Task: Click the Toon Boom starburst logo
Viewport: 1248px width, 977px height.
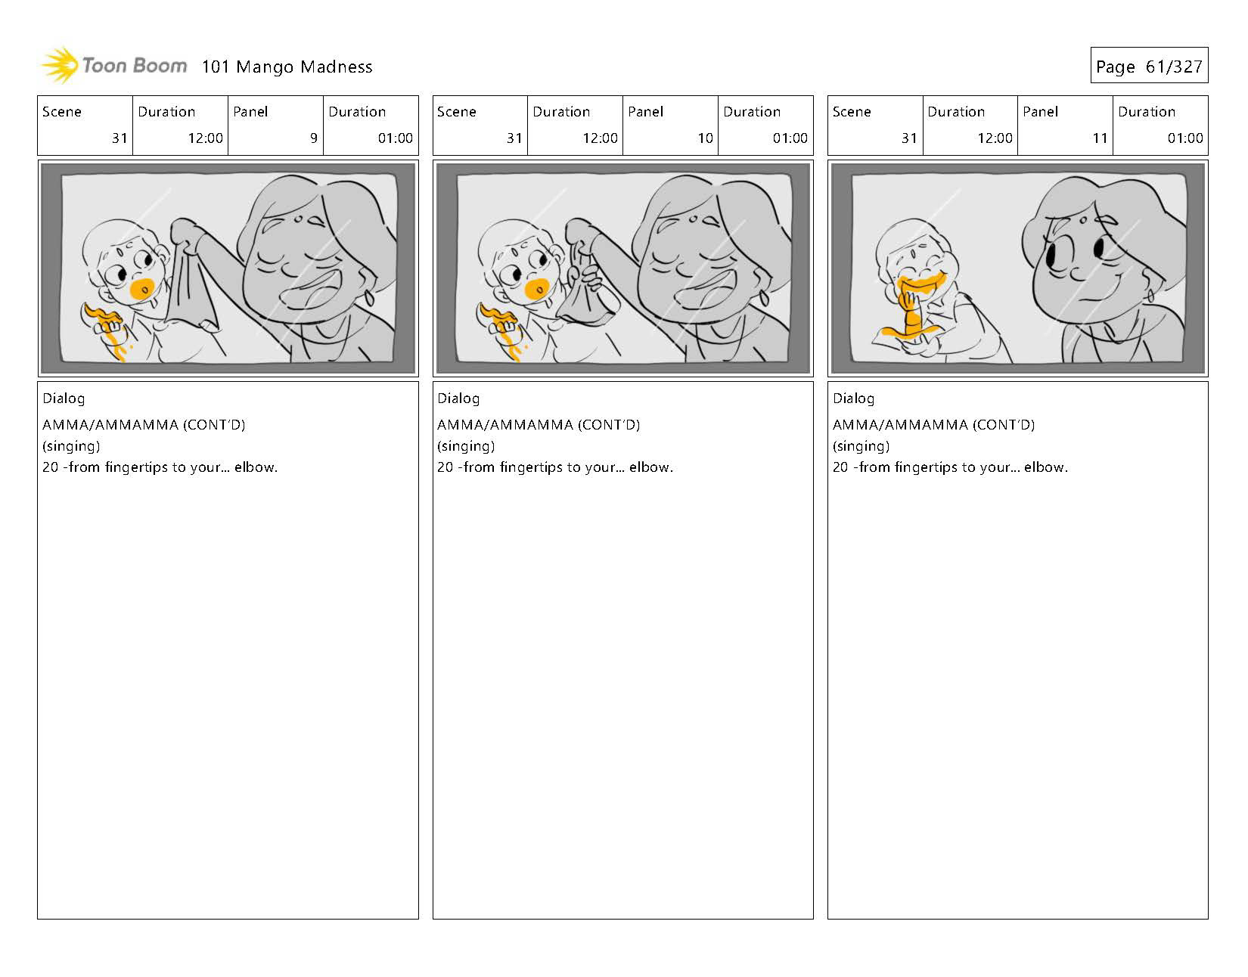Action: point(60,65)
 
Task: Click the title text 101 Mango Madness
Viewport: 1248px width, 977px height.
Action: point(287,67)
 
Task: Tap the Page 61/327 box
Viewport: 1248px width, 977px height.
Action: point(1149,66)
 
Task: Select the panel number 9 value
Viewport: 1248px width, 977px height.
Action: point(314,138)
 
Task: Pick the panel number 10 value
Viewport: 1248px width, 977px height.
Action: point(705,138)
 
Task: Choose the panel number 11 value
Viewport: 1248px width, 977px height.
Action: point(1099,138)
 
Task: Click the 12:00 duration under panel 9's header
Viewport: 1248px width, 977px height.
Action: point(205,138)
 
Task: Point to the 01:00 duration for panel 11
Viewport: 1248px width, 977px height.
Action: point(1184,138)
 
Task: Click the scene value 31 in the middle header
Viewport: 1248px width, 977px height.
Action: point(514,138)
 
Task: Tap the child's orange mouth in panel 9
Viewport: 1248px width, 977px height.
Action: point(142,288)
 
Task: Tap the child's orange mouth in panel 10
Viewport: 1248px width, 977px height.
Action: point(537,289)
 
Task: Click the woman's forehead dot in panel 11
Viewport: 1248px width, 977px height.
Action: point(1082,220)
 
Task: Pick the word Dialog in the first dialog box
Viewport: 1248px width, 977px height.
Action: point(64,399)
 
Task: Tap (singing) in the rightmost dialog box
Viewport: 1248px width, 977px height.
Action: point(861,446)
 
